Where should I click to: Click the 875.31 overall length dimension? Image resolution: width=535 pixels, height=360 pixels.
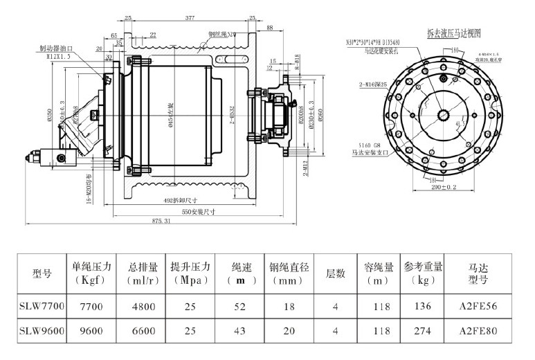tap(160, 219)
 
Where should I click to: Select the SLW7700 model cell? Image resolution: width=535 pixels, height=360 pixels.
tap(42, 305)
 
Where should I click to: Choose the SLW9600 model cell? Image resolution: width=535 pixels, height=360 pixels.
tap(42, 331)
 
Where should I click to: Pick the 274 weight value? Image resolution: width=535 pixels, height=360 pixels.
tap(423, 331)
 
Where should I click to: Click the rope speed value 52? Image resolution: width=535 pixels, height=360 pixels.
tap(240, 305)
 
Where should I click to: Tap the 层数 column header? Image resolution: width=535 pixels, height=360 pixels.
tap(335, 273)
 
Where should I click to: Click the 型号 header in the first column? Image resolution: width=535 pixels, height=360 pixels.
tap(42, 273)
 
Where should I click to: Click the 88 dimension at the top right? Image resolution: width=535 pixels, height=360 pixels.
tap(269, 28)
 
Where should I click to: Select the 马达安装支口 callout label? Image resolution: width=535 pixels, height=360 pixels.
tap(365, 148)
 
